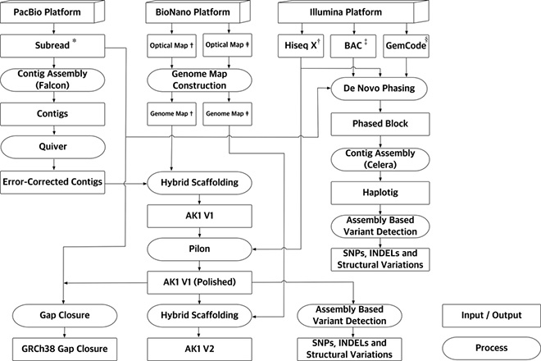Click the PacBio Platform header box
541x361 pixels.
(53, 14)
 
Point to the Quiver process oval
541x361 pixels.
(53, 149)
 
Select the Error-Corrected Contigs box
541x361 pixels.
(53, 181)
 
